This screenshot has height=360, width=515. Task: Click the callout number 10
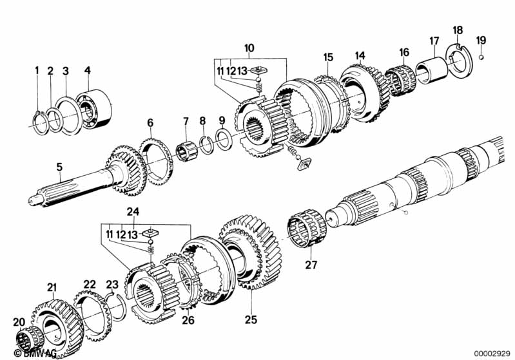point(249,48)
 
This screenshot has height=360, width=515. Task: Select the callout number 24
point(133,211)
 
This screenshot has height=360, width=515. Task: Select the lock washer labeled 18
point(460,64)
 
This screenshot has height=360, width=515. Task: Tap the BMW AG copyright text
point(30,354)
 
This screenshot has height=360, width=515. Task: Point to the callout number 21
point(52,287)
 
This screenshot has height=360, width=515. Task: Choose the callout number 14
point(360,55)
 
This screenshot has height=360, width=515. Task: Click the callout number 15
point(328,57)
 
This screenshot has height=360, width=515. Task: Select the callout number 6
point(150,122)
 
